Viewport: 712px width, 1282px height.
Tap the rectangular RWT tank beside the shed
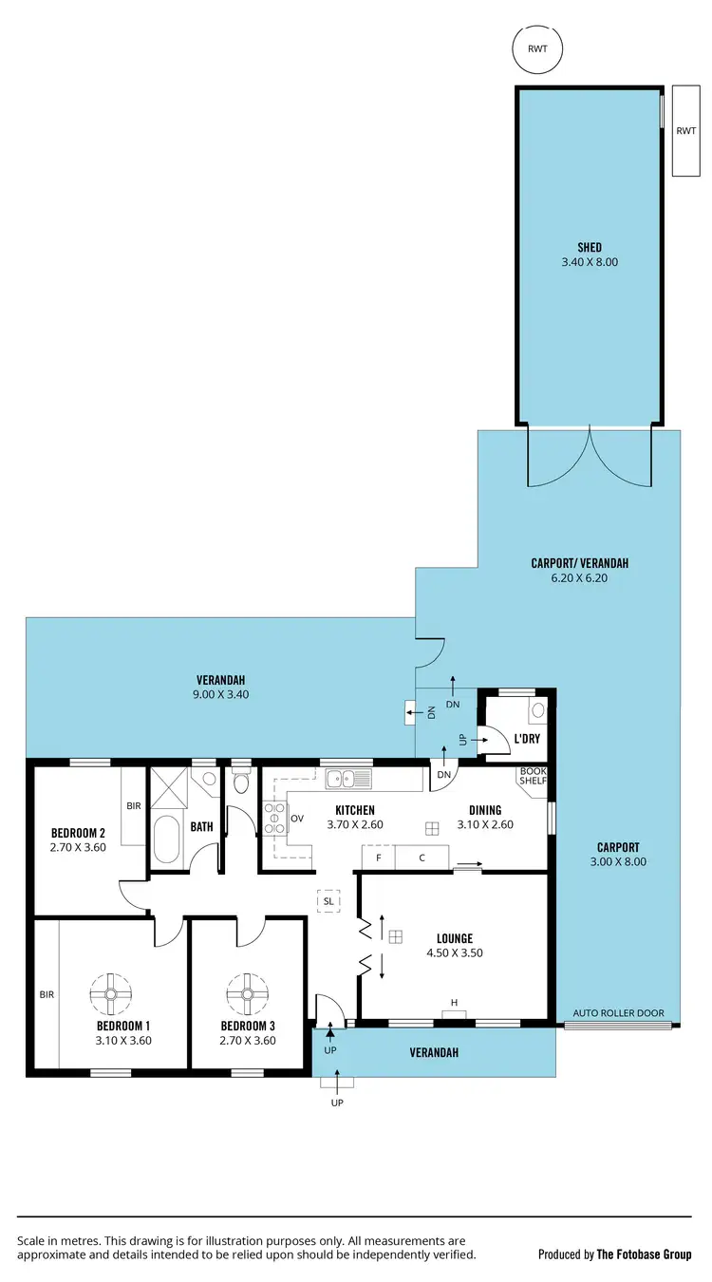tap(685, 131)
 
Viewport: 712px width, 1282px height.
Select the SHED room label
tap(589, 248)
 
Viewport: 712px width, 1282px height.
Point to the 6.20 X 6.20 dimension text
tap(579, 577)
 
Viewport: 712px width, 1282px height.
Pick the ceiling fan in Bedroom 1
tap(111, 994)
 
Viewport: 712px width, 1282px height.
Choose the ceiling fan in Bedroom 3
tap(247, 994)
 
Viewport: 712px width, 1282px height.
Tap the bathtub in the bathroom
tap(166, 839)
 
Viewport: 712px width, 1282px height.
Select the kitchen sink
tap(347, 780)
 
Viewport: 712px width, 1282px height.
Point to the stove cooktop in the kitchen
tap(274, 819)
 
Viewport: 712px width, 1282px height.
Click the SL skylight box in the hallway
tap(328, 900)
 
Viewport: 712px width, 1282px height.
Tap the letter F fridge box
tap(378, 858)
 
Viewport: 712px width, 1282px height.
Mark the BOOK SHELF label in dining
tap(532, 776)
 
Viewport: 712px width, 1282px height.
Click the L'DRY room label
tap(527, 739)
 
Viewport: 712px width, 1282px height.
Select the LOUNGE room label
tap(455, 939)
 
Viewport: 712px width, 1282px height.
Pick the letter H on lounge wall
tap(454, 1003)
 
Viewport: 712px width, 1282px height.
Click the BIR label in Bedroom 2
tap(134, 806)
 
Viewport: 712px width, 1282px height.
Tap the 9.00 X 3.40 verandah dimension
tap(221, 694)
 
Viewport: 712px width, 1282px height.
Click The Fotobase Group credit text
tap(643, 1254)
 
